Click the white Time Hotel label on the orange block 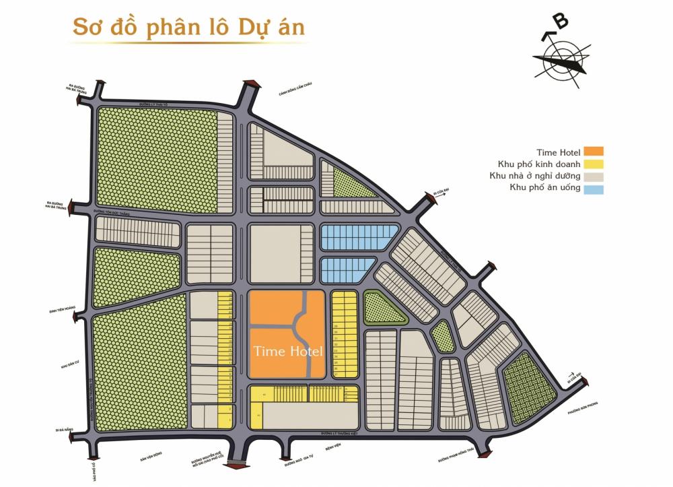click(x=287, y=351)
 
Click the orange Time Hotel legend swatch click(x=594, y=152)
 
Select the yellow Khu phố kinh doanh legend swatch click(x=594, y=164)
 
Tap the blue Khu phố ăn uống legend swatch click(x=594, y=189)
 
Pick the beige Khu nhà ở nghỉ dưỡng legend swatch click(x=594, y=176)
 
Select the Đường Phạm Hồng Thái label click(x=457, y=458)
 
